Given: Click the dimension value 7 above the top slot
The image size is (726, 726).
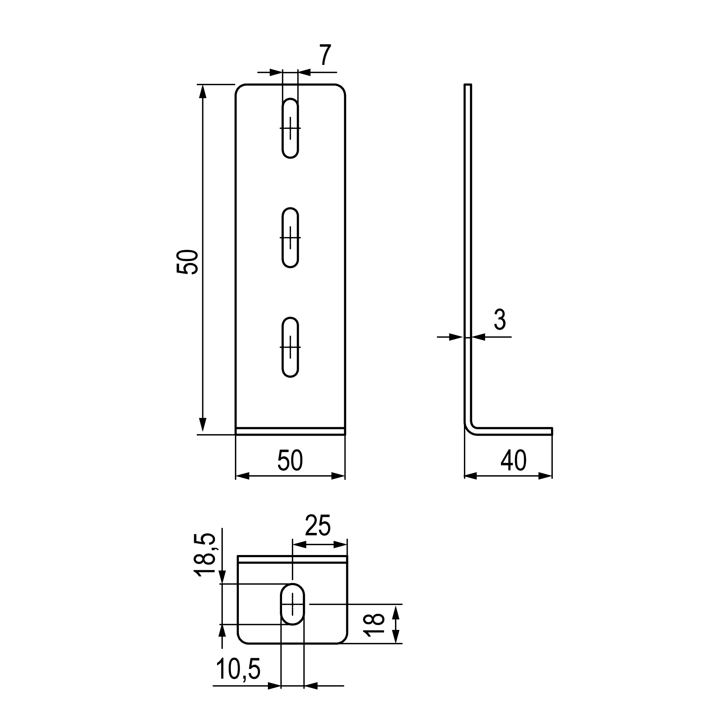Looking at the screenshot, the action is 325,55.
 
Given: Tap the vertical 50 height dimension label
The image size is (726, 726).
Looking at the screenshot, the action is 187,262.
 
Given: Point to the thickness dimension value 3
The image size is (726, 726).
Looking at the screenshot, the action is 500,320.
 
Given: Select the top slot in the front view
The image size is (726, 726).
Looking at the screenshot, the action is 290,128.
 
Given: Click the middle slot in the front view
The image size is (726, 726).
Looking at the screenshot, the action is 290,237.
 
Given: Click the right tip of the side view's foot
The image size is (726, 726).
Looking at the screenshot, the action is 552,431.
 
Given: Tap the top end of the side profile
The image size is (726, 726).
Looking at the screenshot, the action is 468,84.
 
